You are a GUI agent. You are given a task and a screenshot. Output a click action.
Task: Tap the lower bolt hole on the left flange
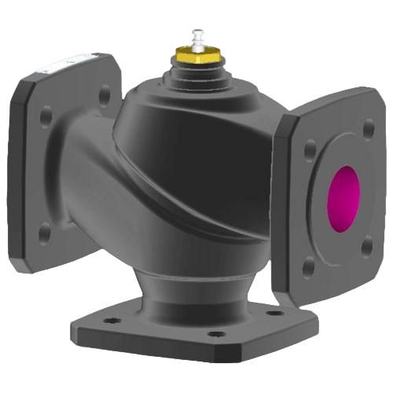pyautogui.click(x=45, y=230)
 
